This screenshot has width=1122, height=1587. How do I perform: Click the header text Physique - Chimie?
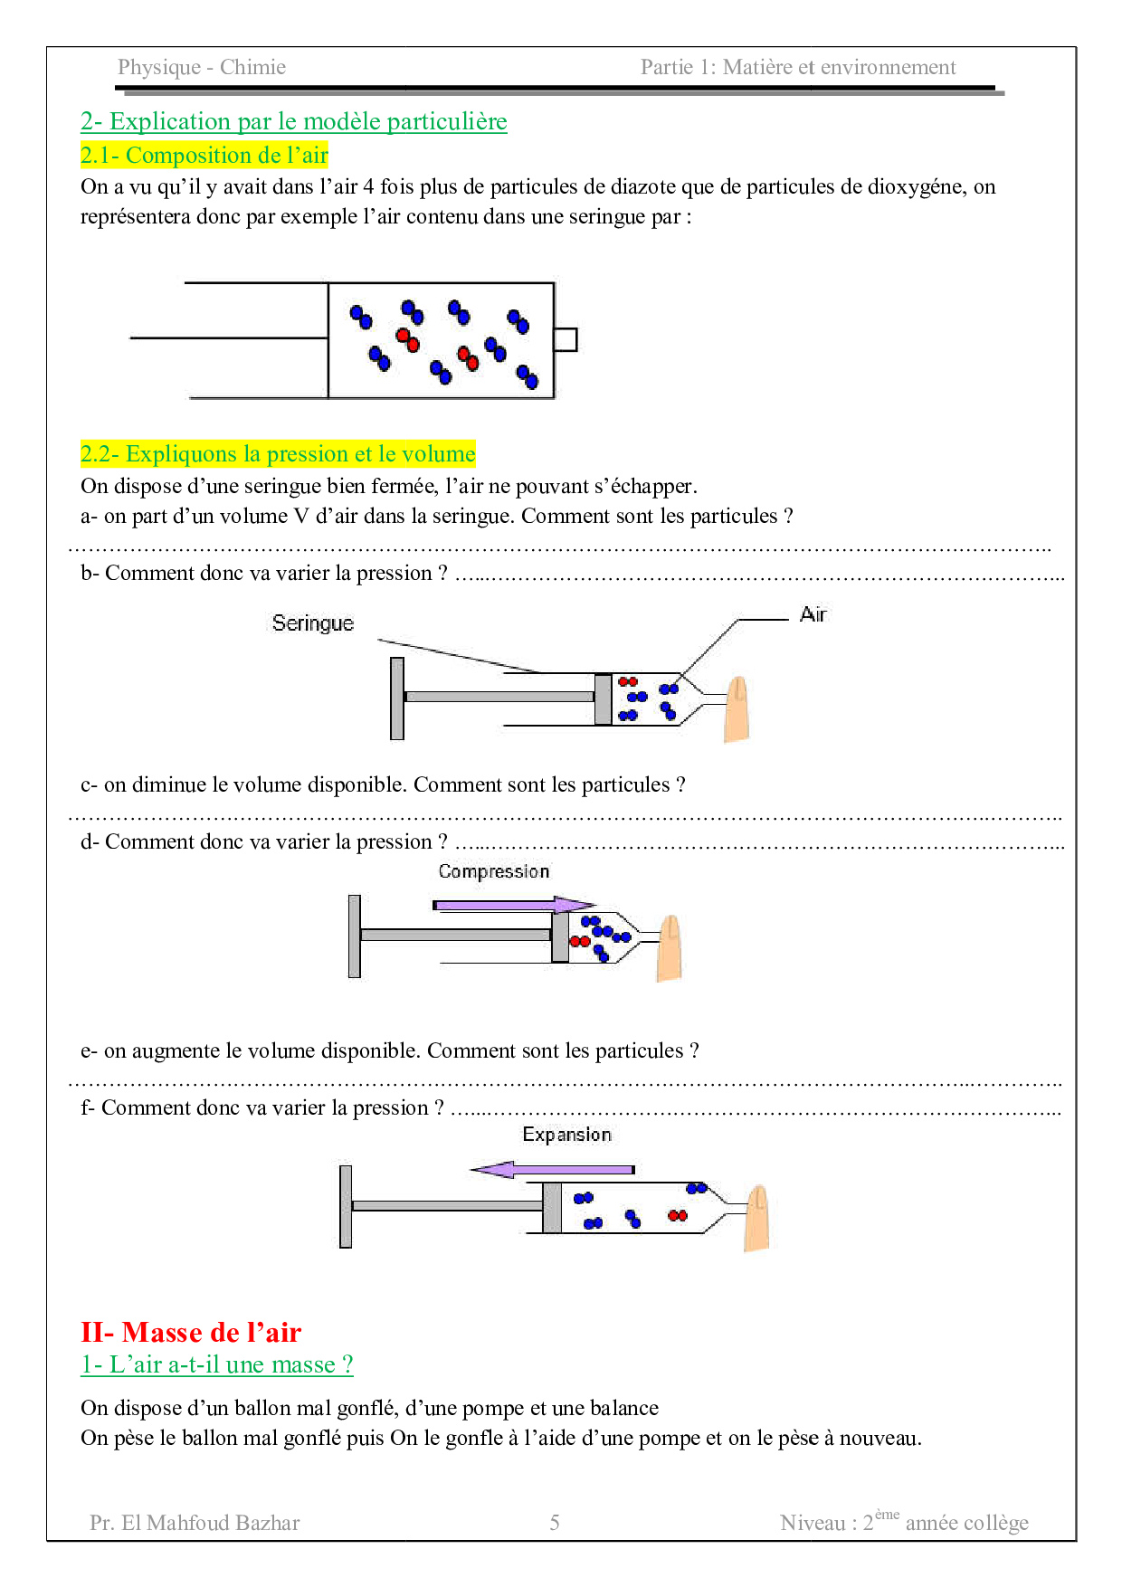point(201,68)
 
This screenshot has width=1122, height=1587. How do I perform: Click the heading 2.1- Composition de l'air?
point(204,156)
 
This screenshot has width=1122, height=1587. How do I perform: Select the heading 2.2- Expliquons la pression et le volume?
point(277,454)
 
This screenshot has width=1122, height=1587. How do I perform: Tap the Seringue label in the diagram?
point(312,623)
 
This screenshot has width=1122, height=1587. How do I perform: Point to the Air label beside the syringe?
point(813,615)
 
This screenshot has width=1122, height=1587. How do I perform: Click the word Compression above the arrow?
point(493,871)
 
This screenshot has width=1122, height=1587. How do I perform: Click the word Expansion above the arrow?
point(566,1135)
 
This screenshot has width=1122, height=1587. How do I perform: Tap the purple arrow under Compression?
point(513,905)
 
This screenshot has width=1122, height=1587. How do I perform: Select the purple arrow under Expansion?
point(552,1170)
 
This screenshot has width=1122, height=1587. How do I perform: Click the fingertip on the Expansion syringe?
point(756,1218)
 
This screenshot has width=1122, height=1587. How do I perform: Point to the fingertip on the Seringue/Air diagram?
point(737,709)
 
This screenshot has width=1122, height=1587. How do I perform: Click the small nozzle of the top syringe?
point(566,339)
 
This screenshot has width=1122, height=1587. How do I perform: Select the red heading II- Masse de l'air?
point(191,1332)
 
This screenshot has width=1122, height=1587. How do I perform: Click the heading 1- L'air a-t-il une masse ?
point(216,1364)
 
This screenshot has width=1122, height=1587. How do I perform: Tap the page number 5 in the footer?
point(555,1523)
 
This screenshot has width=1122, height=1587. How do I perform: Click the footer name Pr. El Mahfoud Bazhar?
point(195,1523)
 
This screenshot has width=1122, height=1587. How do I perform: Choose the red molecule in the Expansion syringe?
point(677,1215)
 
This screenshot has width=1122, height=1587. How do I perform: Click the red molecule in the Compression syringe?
point(579,941)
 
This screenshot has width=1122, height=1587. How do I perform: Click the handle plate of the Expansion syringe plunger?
point(346,1206)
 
